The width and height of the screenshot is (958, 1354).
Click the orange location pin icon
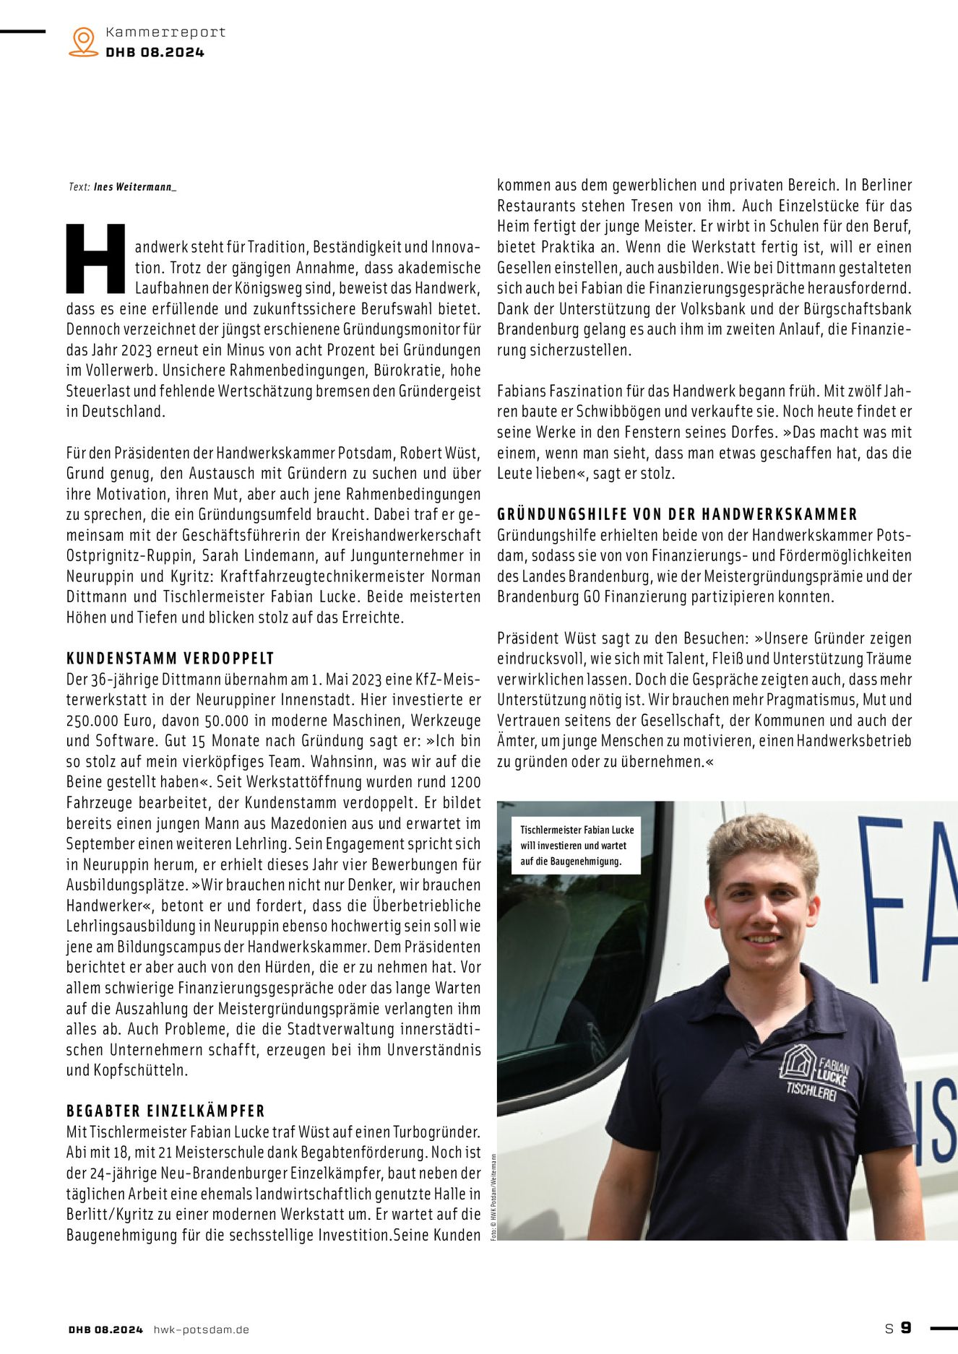pos(84,42)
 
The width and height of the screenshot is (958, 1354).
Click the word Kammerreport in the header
pos(165,32)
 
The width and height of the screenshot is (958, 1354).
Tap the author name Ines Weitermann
pos(134,187)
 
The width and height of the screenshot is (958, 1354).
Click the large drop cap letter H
pos(97,259)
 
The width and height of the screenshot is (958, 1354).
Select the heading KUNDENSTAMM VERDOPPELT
pos(171,659)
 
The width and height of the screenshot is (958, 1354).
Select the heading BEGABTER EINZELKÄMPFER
pos(165,1111)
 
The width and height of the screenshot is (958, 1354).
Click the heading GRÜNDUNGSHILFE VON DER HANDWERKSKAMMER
pos(677,514)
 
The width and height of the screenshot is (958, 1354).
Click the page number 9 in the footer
pos(906,1328)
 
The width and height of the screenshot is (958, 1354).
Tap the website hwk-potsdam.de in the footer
pos(201,1329)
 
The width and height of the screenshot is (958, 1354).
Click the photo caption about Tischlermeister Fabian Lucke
pos(576,846)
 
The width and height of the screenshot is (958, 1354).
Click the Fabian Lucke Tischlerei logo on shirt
pos(814,1072)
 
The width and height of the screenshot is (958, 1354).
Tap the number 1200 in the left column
pos(465,782)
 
